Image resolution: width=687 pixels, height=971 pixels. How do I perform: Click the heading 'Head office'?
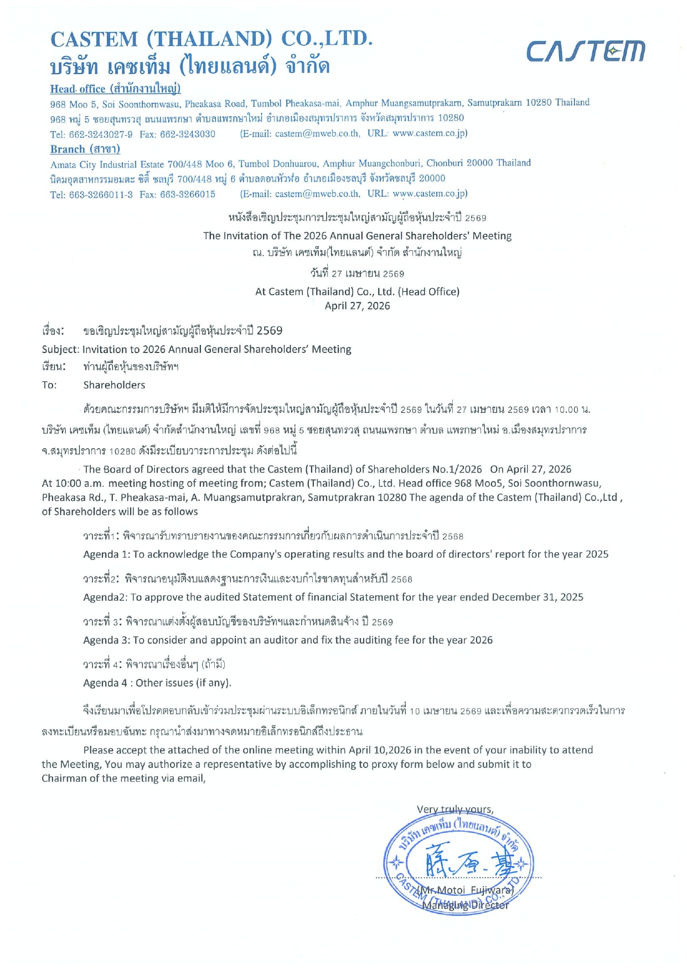(78, 89)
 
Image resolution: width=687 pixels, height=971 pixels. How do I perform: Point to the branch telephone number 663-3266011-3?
(101, 194)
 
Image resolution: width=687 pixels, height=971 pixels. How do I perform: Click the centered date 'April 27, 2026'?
(357, 306)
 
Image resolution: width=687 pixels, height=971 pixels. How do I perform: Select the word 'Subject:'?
(60, 349)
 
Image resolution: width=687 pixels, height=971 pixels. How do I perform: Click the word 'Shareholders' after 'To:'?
(114, 385)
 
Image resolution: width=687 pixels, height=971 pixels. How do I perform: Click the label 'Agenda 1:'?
(106, 554)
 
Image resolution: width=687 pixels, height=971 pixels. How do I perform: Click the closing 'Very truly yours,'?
(455, 809)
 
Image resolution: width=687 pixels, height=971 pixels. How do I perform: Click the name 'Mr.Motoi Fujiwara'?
(465, 890)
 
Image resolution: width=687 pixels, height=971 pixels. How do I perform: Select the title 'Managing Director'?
(465, 905)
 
